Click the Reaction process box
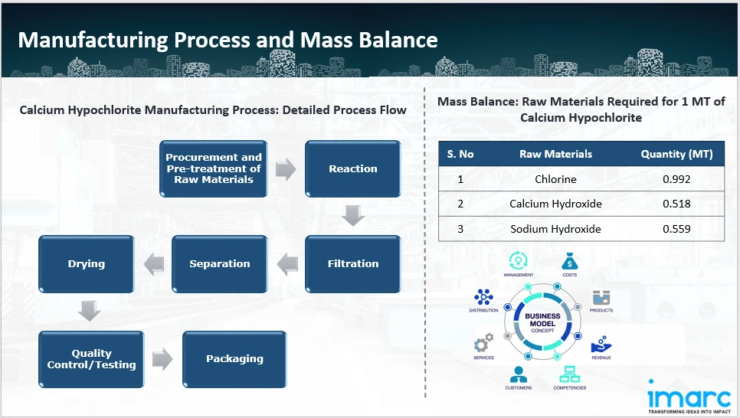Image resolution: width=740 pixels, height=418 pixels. coord(352,168)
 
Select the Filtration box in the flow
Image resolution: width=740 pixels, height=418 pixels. coord(352,263)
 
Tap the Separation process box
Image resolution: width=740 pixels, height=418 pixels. coord(219,263)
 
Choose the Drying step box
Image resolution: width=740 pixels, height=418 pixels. coord(87,263)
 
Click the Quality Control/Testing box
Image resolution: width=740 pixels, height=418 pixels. coord(91,359)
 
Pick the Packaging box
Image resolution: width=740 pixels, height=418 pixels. coord(234,359)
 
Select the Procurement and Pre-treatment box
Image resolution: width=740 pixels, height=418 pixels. coord(214,168)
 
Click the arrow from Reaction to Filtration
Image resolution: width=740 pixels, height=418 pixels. coord(352,217)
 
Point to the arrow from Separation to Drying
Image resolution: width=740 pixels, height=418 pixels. coord(153,264)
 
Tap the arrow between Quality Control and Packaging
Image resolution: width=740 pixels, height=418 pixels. coord(162,359)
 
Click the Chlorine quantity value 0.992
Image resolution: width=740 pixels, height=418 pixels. coord(676,180)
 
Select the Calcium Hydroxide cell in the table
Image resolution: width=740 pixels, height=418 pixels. coord(555,204)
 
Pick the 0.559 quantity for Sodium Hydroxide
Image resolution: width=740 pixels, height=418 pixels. coord(676,229)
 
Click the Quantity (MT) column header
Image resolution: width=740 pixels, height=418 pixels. coord(676,154)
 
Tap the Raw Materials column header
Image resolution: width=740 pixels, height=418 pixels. coord(555,154)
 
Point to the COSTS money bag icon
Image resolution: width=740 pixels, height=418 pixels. coord(569,260)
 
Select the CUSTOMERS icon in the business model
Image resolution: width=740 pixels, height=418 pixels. coord(519,375)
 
